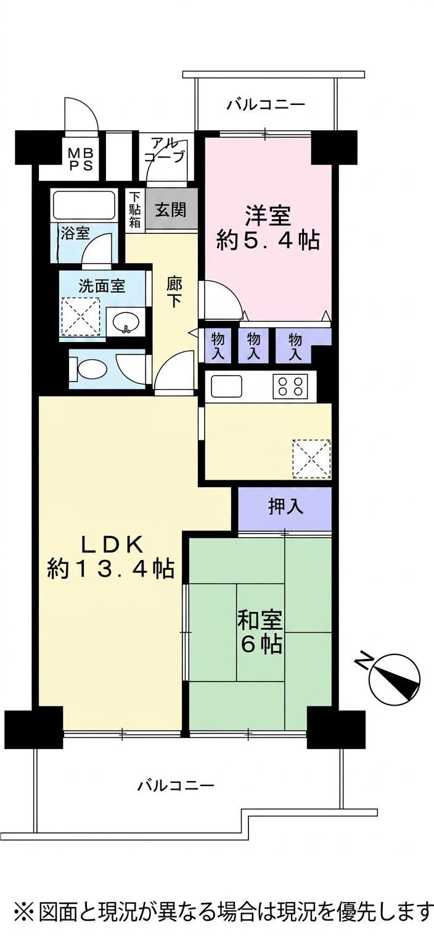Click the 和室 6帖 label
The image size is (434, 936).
point(260,632)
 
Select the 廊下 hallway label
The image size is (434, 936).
point(174,292)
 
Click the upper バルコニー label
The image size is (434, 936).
point(266,104)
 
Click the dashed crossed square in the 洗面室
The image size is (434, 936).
point(81,316)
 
